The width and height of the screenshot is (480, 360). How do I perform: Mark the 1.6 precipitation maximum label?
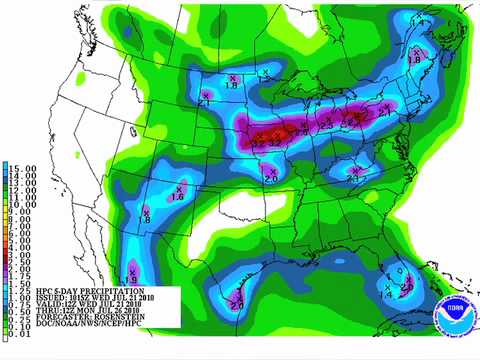point(178,198)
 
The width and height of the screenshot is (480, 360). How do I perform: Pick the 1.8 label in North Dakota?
point(231,86)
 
